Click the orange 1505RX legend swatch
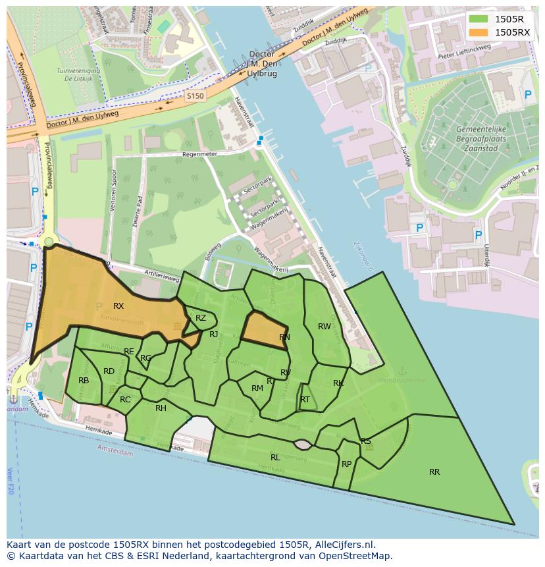[x=479, y=32]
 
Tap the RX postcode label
[x=118, y=306]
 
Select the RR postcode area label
[x=434, y=472]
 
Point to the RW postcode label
[x=324, y=327]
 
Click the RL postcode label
[x=275, y=457]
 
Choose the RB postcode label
[x=84, y=381]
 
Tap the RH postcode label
[x=161, y=408]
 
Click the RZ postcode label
[x=201, y=318]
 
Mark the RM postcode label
[x=257, y=389]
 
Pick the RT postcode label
[x=305, y=400]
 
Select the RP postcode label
[x=346, y=464]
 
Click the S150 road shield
[x=195, y=96]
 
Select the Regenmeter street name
[x=199, y=154]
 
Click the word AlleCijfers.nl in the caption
[x=343, y=545]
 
